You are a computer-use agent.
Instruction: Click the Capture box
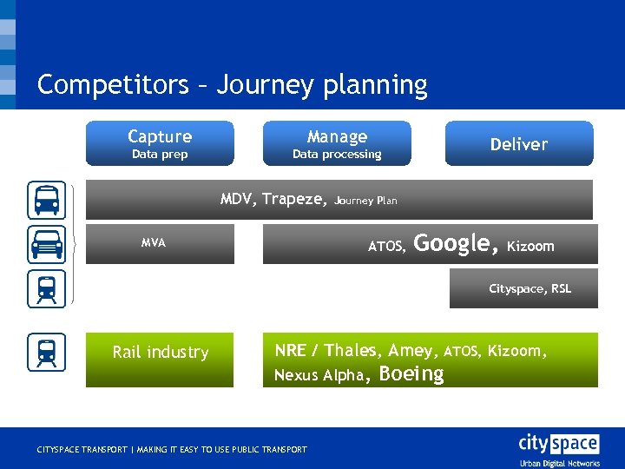tap(160, 143)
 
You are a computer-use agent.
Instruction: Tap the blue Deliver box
tap(519, 143)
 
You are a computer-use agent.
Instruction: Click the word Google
tap(456, 244)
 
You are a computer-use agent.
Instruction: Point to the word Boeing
tap(411, 374)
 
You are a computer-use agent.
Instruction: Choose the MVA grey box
tap(160, 243)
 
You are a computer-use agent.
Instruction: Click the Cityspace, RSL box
tap(523, 288)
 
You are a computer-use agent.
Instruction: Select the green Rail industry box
tap(160, 360)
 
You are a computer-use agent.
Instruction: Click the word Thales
tap(352, 351)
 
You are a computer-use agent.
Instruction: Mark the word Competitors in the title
tap(112, 84)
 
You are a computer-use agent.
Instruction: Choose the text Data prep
tap(160, 155)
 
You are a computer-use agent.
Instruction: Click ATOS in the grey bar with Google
tap(386, 247)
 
